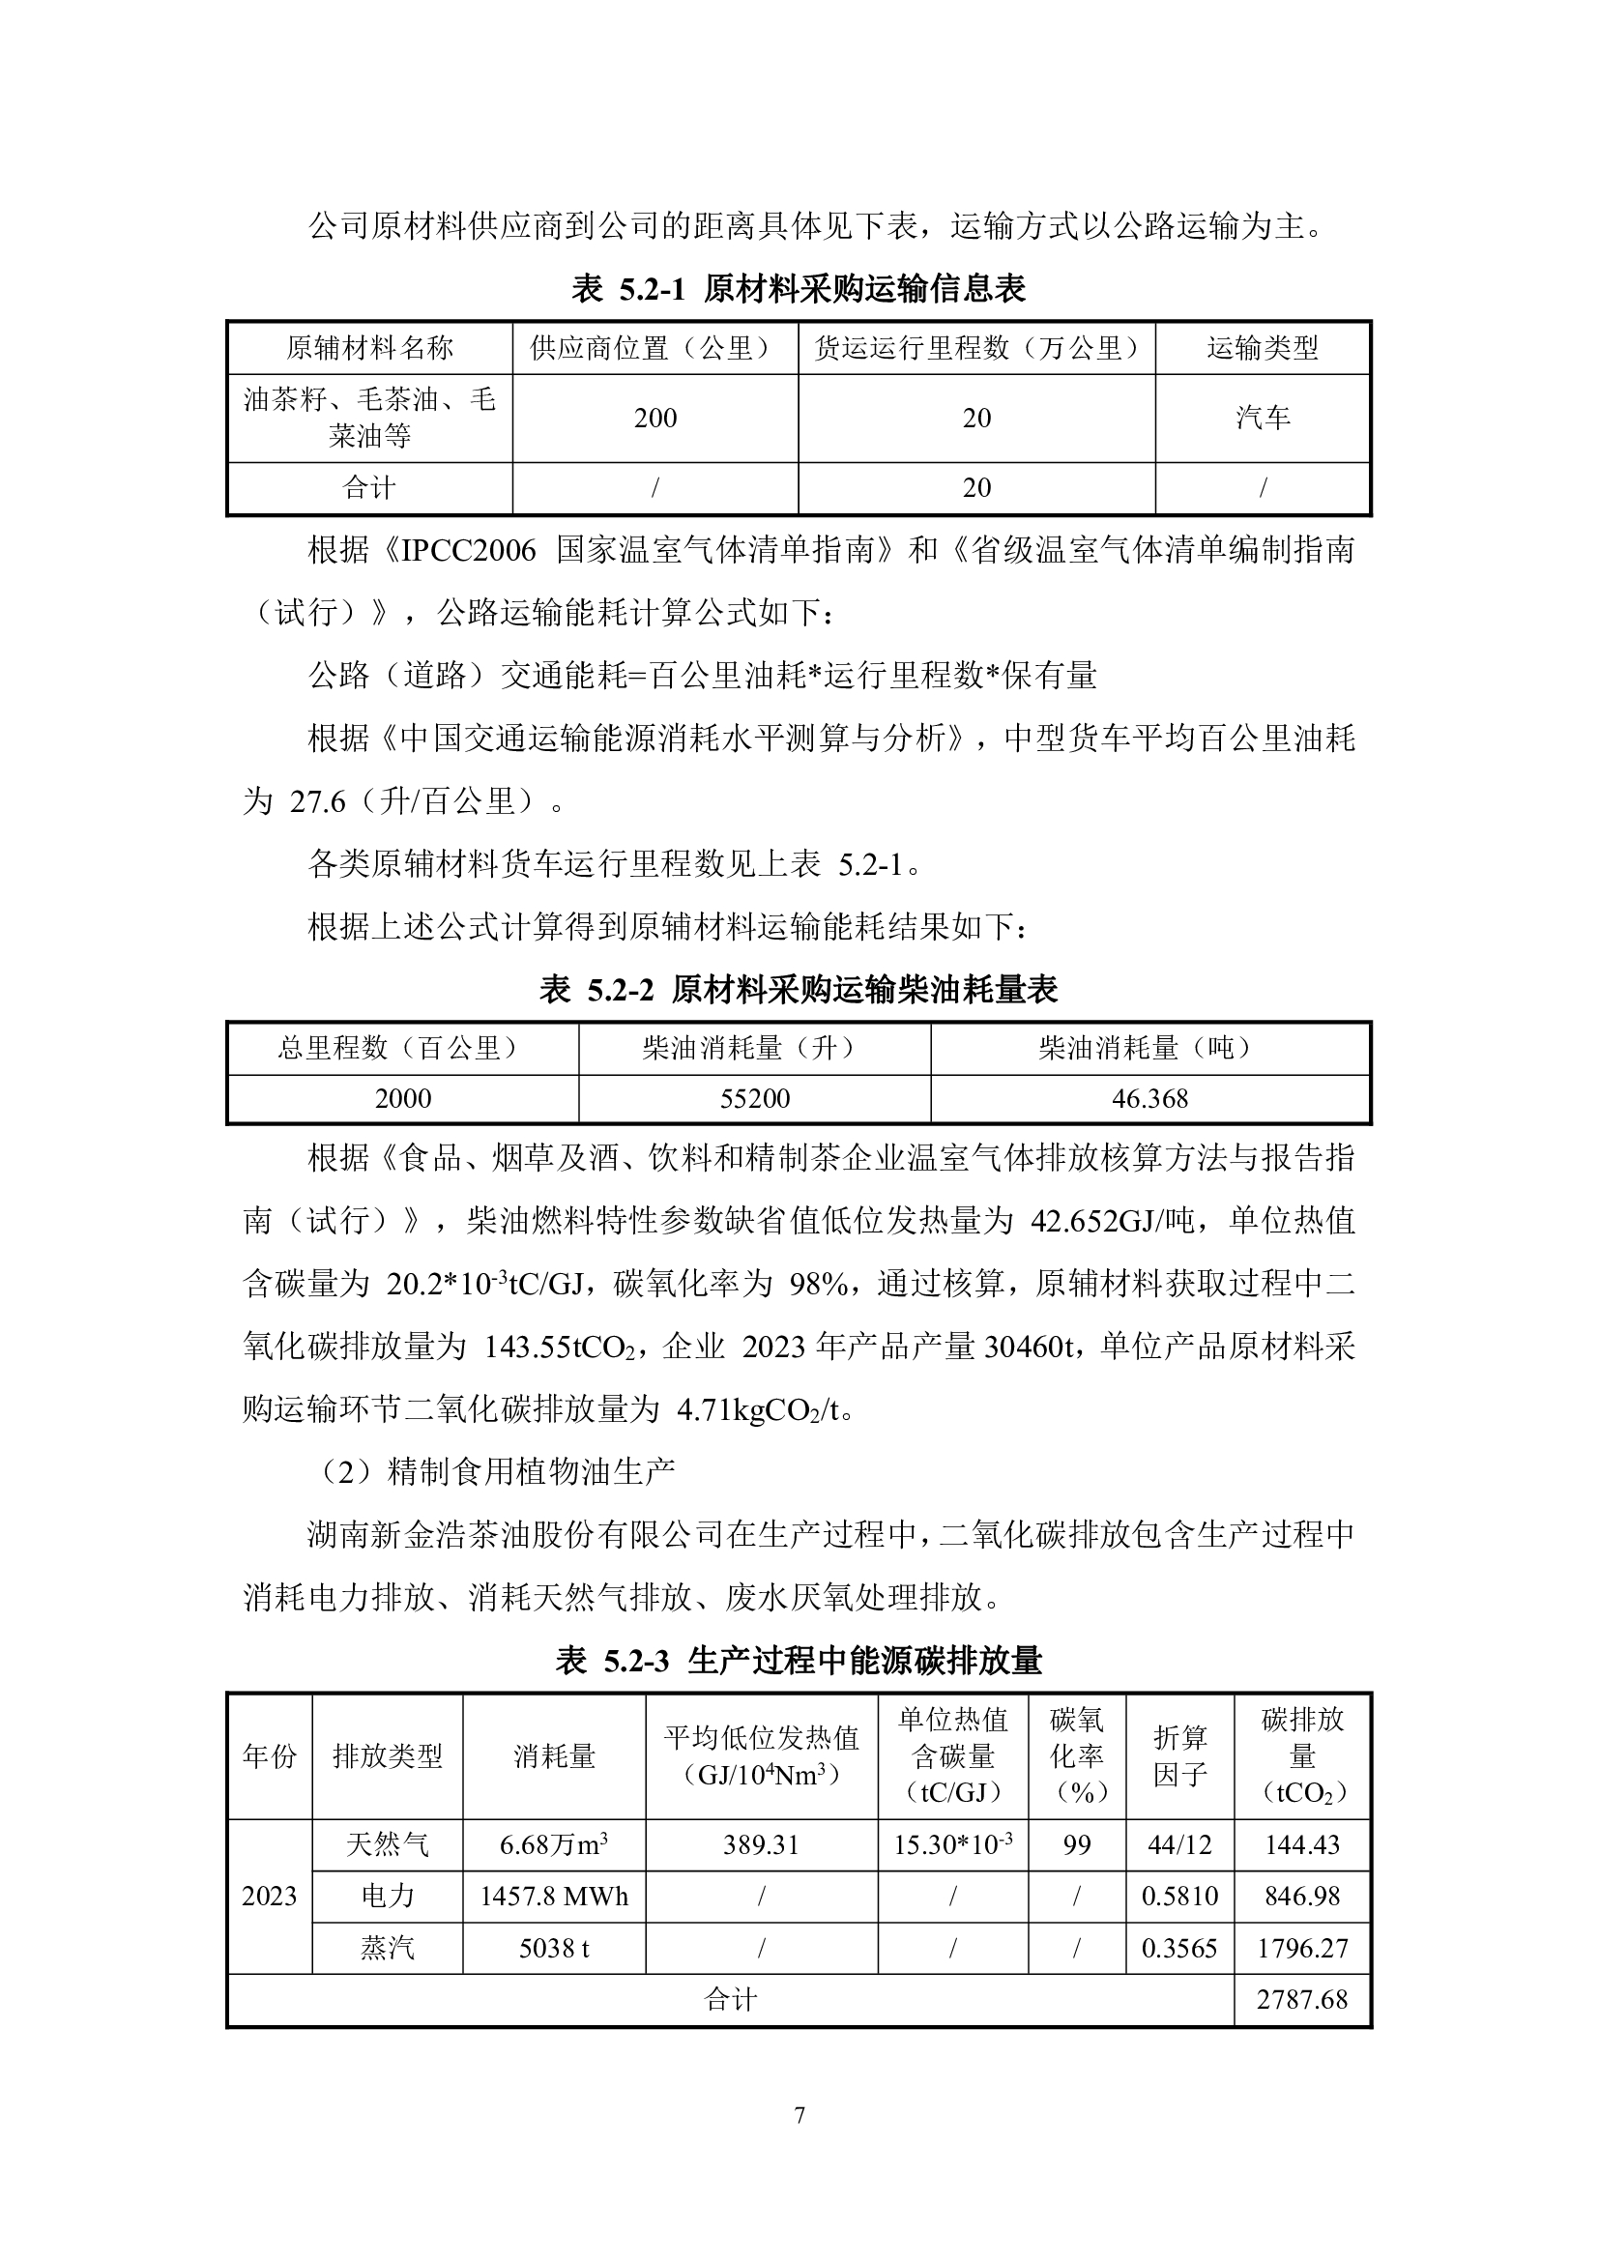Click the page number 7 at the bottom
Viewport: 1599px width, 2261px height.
click(x=799, y=2115)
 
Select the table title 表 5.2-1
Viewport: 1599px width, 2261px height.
click(x=799, y=288)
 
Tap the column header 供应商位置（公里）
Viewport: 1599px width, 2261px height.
click(x=654, y=348)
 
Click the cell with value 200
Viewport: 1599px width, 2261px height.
click(x=654, y=419)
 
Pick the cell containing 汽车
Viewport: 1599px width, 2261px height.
click(x=1263, y=419)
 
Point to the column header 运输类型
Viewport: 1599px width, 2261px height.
click(x=1263, y=348)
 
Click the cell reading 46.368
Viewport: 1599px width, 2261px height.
click(x=1149, y=1099)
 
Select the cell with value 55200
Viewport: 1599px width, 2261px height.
click(x=754, y=1099)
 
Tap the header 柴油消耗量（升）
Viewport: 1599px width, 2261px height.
click(x=754, y=1048)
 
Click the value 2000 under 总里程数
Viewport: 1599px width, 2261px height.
click(x=403, y=1099)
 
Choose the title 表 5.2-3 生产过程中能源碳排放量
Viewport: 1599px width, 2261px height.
click(x=799, y=1662)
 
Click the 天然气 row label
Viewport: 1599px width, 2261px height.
click(x=387, y=1844)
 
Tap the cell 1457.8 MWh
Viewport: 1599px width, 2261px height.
click(x=553, y=1897)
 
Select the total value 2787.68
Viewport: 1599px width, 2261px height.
click(x=1301, y=2000)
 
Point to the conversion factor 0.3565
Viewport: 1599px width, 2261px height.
click(x=1178, y=1949)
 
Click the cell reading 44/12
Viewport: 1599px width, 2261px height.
click(x=1178, y=1844)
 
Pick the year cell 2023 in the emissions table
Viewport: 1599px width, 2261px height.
click(x=269, y=1897)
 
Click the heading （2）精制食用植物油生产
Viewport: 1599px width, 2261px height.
click(x=497, y=1472)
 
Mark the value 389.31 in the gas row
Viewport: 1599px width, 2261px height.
click(x=760, y=1844)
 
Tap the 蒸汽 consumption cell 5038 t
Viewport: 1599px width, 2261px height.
click(x=553, y=1949)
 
